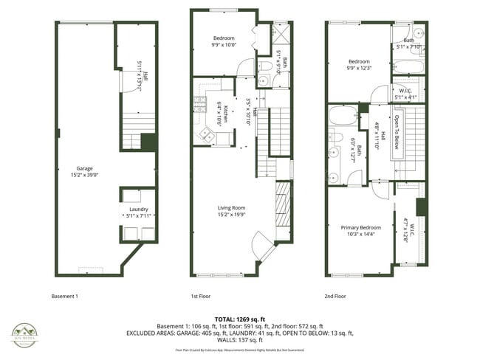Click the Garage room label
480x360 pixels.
click(84, 168)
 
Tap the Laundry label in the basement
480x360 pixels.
click(138, 212)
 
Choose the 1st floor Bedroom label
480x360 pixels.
click(223, 38)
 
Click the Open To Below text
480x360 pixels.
click(397, 131)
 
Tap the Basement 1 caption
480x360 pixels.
click(64, 296)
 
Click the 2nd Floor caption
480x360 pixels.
click(335, 296)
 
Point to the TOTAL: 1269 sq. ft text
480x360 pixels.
click(239, 317)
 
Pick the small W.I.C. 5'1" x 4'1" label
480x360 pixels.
click(405, 92)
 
